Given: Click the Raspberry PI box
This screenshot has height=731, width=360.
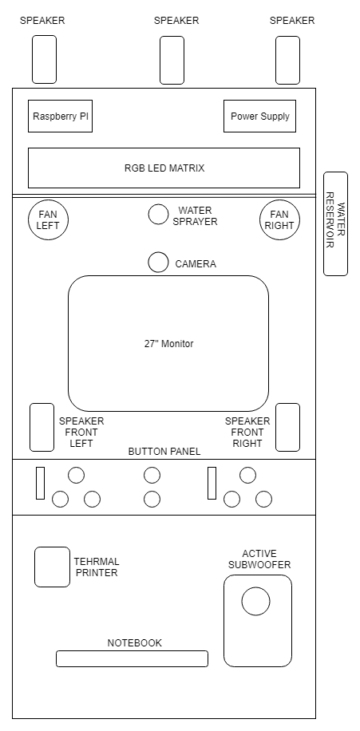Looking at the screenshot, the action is click(60, 116).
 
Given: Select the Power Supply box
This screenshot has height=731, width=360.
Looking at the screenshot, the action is click(259, 116).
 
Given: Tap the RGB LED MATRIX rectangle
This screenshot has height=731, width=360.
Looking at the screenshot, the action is click(164, 168).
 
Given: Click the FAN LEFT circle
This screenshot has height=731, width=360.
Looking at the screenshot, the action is click(49, 219).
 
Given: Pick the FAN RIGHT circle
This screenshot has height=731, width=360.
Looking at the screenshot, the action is click(279, 219).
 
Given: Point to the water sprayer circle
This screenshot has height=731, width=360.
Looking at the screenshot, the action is click(158, 214).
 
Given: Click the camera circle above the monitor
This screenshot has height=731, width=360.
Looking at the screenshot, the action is click(158, 262).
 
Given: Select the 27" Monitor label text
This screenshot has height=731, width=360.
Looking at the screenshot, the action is click(168, 344).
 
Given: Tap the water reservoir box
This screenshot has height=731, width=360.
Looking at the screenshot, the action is click(336, 223).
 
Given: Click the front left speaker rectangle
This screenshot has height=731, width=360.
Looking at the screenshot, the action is click(42, 428).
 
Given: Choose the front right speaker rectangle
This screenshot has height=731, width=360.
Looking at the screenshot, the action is click(287, 428).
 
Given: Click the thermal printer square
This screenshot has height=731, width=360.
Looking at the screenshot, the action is click(52, 567).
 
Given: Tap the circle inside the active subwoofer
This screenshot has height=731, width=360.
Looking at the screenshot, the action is click(255, 602).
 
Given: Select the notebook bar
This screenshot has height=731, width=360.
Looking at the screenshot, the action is click(132, 658).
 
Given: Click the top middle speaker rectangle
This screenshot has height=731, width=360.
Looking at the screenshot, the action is click(172, 60).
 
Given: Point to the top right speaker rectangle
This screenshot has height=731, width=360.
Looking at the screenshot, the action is click(287, 60).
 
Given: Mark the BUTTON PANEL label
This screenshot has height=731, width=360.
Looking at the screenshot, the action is click(164, 451).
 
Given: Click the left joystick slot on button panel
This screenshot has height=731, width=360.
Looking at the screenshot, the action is click(41, 483).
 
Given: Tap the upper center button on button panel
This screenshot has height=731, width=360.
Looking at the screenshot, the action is click(152, 476).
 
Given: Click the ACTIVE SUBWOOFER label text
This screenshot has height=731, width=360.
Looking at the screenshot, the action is click(259, 559).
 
